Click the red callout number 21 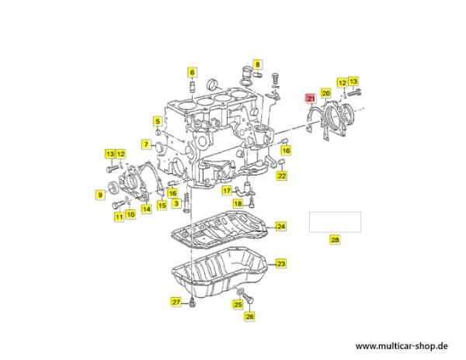[x=311, y=99]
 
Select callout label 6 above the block [x=192, y=72]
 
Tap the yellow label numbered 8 [x=257, y=64]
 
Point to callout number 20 [x=326, y=93]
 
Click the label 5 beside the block [x=158, y=121]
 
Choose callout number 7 [x=146, y=144]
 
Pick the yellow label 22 [x=282, y=175]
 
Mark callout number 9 [x=100, y=195]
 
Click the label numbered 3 [x=176, y=203]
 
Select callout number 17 [x=227, y=191]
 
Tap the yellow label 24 [x=281, y=227]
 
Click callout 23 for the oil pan [x=281, y=264]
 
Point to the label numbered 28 [x=335, y=240]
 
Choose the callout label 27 [x=176, y=302]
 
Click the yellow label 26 [x=249, y=317]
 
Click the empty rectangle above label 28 [x=335, y=222]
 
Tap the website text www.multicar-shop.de [x=402, y=346]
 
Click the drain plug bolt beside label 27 [x=192, y=303]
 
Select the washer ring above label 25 [x=239, y=291]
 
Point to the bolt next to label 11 [x=119, y=205]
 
